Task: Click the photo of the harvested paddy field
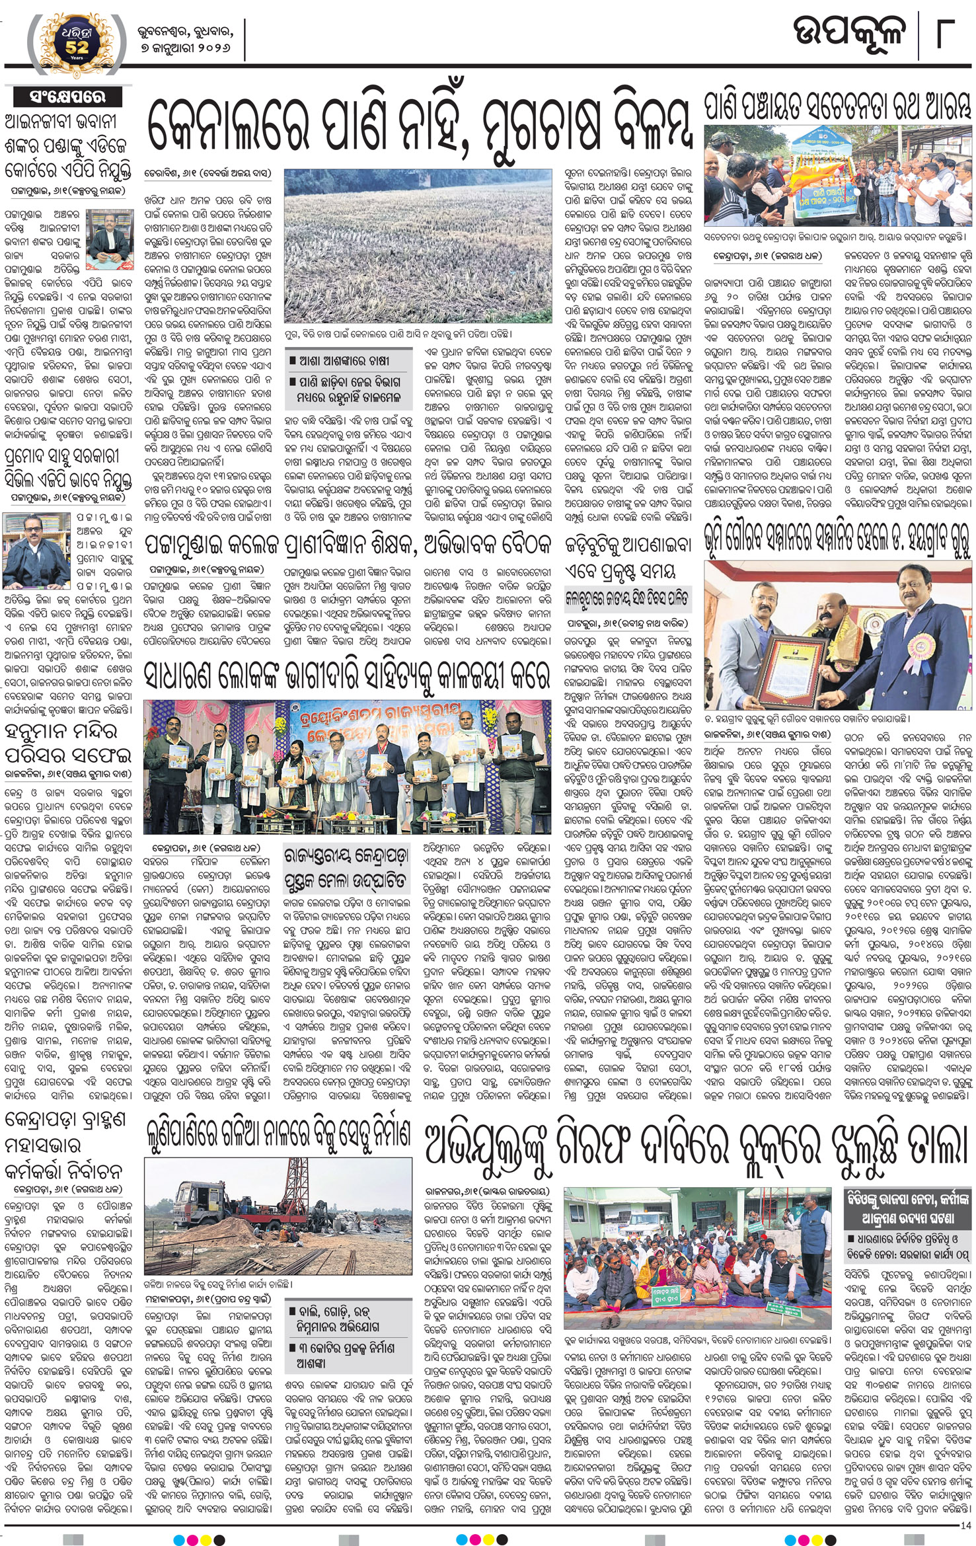point(418,246)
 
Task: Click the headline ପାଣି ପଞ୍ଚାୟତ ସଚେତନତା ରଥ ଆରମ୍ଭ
point(838,108)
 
